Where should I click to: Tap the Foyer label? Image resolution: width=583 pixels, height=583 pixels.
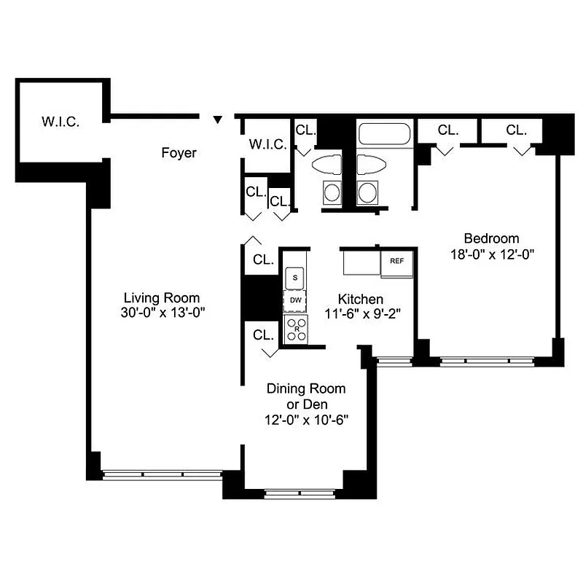[x=179, y=153]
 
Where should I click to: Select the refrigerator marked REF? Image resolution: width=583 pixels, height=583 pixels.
[x=397, y=261]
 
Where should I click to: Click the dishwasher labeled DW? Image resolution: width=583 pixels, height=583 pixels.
[x=295, y=300]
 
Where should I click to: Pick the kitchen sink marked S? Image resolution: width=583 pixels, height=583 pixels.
[x=295, y=277]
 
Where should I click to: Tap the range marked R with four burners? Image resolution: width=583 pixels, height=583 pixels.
[x=295, y=328]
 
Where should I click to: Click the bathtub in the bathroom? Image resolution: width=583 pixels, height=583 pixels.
[x=385, y=135]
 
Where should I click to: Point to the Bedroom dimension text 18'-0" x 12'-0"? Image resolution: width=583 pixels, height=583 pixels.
[x=492, y=254]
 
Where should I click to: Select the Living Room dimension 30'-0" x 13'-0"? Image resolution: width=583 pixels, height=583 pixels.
[x=162, y=313]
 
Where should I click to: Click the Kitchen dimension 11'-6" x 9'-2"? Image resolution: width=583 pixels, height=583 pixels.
[x=360, y=315]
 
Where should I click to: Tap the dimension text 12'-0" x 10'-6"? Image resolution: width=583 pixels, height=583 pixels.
[x=305, y=420]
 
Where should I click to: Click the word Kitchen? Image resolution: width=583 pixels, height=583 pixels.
[x=360, y=299]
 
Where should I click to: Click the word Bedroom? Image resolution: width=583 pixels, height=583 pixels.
[x=492, y=238]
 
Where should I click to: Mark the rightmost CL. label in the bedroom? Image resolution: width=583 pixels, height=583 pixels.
[x=516, y=130]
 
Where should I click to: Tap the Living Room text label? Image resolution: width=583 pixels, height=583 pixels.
[x=162, y=297]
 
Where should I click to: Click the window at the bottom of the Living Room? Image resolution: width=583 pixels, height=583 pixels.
[x=162, y=474]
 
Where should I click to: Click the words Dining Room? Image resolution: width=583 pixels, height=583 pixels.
[x=305, y=388]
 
